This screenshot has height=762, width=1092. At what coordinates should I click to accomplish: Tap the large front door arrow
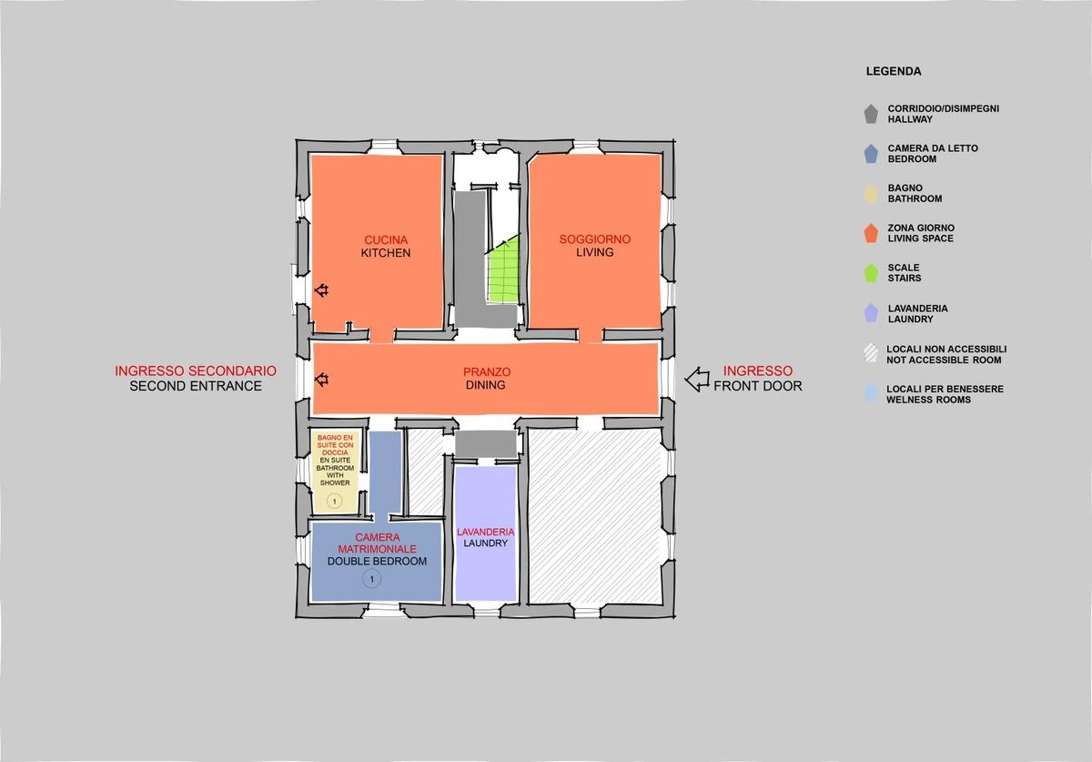pyautogui.click(x=697, y=380)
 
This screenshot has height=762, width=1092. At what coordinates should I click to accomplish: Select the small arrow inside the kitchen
pyautogui.click(x=321, y=290)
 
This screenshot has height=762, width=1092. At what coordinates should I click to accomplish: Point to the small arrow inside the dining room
pyautogui.click(x=321, y=380)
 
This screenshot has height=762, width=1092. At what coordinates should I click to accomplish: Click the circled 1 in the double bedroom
pyautogui.click(x=372, y=579)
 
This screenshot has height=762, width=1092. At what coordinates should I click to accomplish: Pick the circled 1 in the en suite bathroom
pyautogui.click(x=335, y=501)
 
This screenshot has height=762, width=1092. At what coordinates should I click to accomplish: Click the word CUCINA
pyautogui.click(x=386, y=240)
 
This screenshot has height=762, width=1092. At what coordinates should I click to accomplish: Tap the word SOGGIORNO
pyautogui.click(x=595, y=239)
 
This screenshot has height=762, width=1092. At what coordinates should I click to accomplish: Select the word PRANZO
pyautogui.click(x=487, y=371)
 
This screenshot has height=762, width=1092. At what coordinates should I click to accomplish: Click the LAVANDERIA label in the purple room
pyautogui.click(x=486, y=532)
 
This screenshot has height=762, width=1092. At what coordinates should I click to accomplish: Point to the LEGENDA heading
pyautogui.click(x=894, y=71)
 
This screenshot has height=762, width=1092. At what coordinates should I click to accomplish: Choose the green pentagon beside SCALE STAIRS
pyautogui.click(x=871, y=273)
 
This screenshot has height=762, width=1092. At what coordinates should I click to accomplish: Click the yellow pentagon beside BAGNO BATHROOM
pyautogui.click(x=871, y=194)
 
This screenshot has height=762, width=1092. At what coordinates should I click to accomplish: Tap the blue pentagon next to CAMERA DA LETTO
pyautogui.click(x=871, y=154)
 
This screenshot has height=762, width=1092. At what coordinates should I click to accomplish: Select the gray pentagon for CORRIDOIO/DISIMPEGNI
pyautogui.click(x=871, y=114)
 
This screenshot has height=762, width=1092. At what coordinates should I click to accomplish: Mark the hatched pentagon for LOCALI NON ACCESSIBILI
pyautogui.click(x=871, y=353)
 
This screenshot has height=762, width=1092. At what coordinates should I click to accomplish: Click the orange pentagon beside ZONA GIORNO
pyautogui.click(x=871, y=234)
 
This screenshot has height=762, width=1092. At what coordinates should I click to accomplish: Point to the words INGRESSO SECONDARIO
pyautogui.click(x=196, y=371)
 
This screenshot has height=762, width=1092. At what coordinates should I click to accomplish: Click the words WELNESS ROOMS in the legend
pyautogui.click(x=928, y=400)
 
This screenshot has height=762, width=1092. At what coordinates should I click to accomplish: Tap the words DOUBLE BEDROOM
pyautogui.click(x=377, y=562)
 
